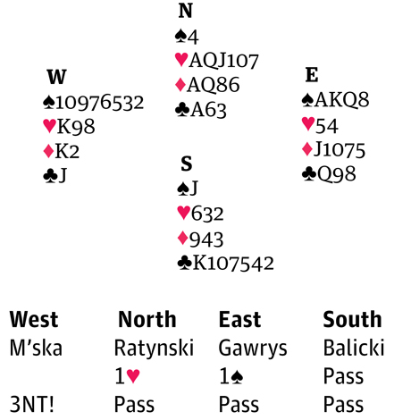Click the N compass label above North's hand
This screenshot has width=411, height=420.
[x=185, y=11]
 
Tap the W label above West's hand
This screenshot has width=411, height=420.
[x=56, y=77]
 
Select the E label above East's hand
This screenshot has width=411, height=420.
[x=312, y=75]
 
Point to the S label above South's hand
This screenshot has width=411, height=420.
[x=187, y=164]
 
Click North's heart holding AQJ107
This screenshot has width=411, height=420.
[x=217, y=60]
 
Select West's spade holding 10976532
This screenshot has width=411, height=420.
[x=94, y=103]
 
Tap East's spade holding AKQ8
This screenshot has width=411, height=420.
[x=335, y=100]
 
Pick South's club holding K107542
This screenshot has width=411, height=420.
[x=225, y=263]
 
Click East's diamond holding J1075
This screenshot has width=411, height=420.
[x=333, y=149]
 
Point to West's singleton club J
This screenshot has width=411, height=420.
[x=55, y=175]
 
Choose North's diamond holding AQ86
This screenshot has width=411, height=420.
[x=207, y=85]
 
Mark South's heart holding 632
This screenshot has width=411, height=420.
[x=200, y=214]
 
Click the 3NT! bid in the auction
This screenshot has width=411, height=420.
[x=32, y=404]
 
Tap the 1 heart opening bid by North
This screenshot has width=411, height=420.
[x=127, y=376]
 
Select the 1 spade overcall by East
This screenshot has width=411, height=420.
[x=231, y=376]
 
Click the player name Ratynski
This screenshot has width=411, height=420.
[x=154, y=348]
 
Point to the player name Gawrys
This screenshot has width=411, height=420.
[x=253, y=349]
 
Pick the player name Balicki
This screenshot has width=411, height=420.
[x=354, y=348]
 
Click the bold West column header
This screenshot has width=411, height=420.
[x=34, y=319]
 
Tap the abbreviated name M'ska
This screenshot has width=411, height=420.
[x=36, y=348]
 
